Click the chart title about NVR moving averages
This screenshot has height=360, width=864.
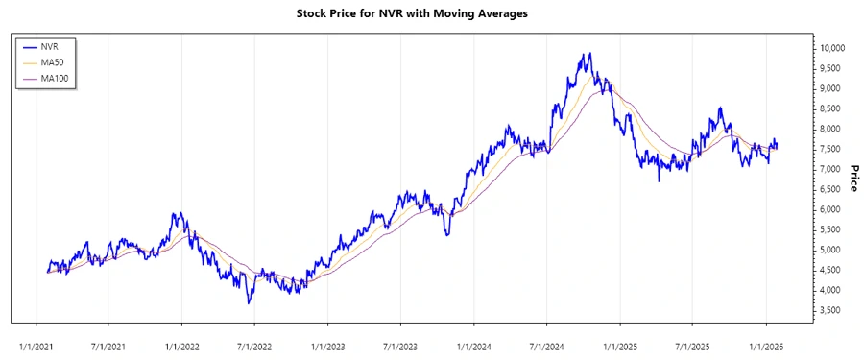tap(431, 14)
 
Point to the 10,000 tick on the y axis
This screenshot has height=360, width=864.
tap(831, 48)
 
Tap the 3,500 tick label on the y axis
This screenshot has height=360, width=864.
tap(831, 310)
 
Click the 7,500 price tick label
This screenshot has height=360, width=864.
tap(831, 149)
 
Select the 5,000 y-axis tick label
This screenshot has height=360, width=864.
tap(831, 250)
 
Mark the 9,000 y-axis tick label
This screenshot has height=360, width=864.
tap(831, 88)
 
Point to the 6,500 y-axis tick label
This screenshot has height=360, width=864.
tap(831, 189)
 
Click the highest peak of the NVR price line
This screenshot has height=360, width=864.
tap(589, 54)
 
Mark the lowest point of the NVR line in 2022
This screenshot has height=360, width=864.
tap(249, 303)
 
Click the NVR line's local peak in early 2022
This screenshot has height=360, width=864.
tap(175, 214)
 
